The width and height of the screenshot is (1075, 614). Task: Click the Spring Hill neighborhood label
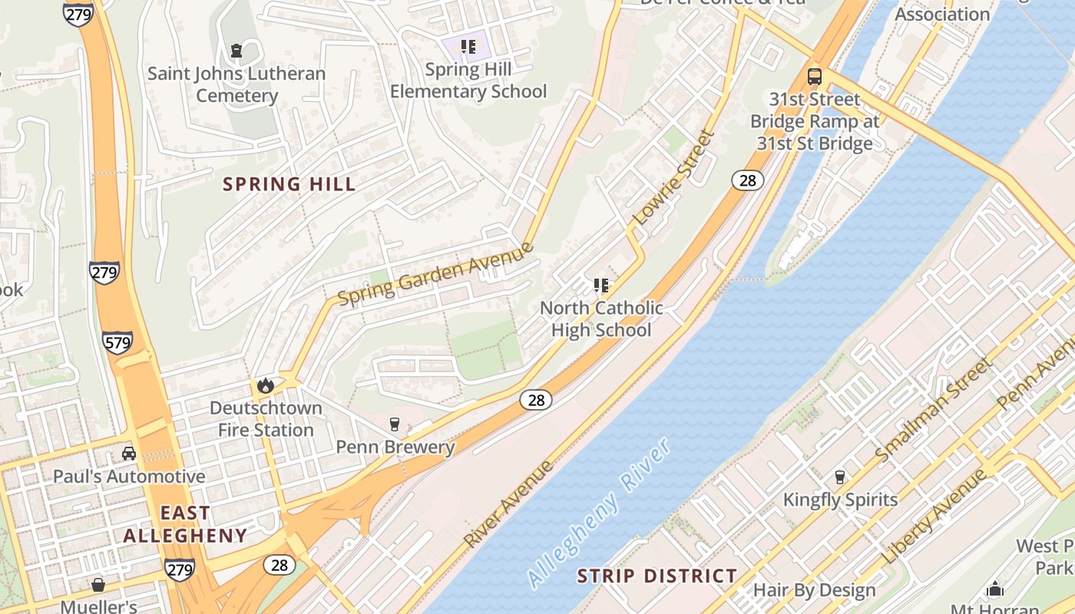[x=289, y=184]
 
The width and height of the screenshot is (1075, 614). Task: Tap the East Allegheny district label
[x=185, y=524]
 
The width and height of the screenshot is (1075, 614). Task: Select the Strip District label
[x=657, y=576]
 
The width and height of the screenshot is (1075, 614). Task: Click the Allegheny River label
[x=600, y=513]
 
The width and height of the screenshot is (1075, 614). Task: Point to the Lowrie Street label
[x=673, y=177]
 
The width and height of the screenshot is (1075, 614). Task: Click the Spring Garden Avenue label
[x=435, y=273]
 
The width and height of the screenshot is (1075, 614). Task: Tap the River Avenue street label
[x=508, y=504]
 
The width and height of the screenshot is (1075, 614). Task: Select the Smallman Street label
[x=933, y=411]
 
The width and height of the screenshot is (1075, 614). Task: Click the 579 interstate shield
[x=117, y=342]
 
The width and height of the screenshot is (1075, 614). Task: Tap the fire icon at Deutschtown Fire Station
[x=266, y=385]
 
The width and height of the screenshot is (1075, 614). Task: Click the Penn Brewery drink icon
[x=395, y=424]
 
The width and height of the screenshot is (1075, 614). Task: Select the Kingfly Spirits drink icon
[x=839, y=477]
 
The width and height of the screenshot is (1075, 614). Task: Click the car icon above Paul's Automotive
[x=129, y=454]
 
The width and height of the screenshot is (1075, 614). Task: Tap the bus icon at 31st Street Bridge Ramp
[x=814, y=77]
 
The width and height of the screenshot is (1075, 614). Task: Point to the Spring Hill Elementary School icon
[x=468, y=48]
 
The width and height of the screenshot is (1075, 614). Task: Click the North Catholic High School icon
[x=601, y=286]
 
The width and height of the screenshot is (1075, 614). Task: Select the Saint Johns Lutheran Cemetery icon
[x=237, y=51]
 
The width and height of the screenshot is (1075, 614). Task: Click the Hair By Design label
[x=814, y=590]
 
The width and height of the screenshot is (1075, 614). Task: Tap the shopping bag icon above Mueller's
[x=98, y=585]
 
